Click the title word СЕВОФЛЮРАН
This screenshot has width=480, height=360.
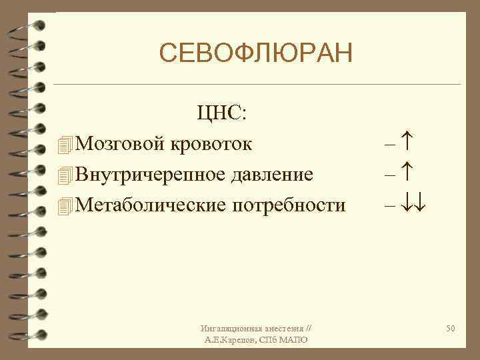pos(255,53)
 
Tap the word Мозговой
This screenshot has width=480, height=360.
pos(122,143)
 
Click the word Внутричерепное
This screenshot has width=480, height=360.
pos(152,175)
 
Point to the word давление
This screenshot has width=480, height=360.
pos(273,175)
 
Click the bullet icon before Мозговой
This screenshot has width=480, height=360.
pos(64,143)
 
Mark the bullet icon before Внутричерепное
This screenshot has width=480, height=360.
pos(64,175)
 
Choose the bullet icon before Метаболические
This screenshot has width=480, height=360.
pos(64,206)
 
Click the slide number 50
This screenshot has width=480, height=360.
pos(451,329)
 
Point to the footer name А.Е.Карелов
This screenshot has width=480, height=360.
pos(229,340)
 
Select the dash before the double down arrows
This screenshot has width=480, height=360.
pos(391,206)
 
